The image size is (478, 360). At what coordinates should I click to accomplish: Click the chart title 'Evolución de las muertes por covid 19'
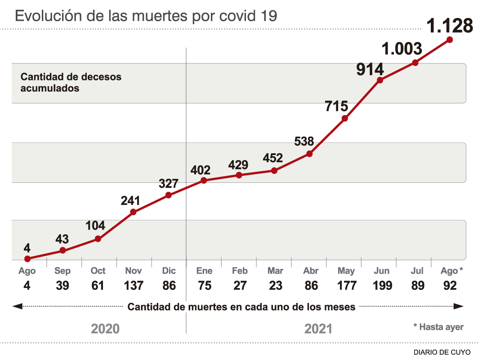(146, 16)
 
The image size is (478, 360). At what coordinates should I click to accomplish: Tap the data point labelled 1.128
(449, 40)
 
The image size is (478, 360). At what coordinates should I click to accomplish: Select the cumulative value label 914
(370, 70)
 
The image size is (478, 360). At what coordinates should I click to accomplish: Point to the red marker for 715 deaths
(344, 119)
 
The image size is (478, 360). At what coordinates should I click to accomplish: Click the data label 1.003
(402, 49)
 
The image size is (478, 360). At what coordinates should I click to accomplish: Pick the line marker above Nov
(133, 212)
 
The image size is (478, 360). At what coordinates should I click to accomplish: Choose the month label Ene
(204, 271)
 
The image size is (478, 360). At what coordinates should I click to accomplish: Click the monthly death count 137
(133, 285)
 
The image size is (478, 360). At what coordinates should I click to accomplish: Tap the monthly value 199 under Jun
(382, 285)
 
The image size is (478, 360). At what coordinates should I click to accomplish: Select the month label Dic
(169, 271)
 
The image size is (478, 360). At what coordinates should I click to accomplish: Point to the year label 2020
(105, 329)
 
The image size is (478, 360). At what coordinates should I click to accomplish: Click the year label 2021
(318, 329)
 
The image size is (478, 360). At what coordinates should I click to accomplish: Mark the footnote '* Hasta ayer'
(438, 327)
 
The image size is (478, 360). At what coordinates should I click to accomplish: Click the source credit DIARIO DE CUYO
(442, 352)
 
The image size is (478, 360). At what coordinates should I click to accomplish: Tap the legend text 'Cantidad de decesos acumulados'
(71, 83)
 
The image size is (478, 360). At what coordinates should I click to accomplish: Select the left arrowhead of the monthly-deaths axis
(17, 307)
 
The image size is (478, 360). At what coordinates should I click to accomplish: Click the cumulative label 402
(201, 170)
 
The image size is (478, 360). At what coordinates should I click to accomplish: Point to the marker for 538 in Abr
(309, 154)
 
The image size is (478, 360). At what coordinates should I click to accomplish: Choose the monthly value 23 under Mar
(275, 285)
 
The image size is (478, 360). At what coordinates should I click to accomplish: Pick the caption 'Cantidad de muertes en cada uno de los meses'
(241, 307)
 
